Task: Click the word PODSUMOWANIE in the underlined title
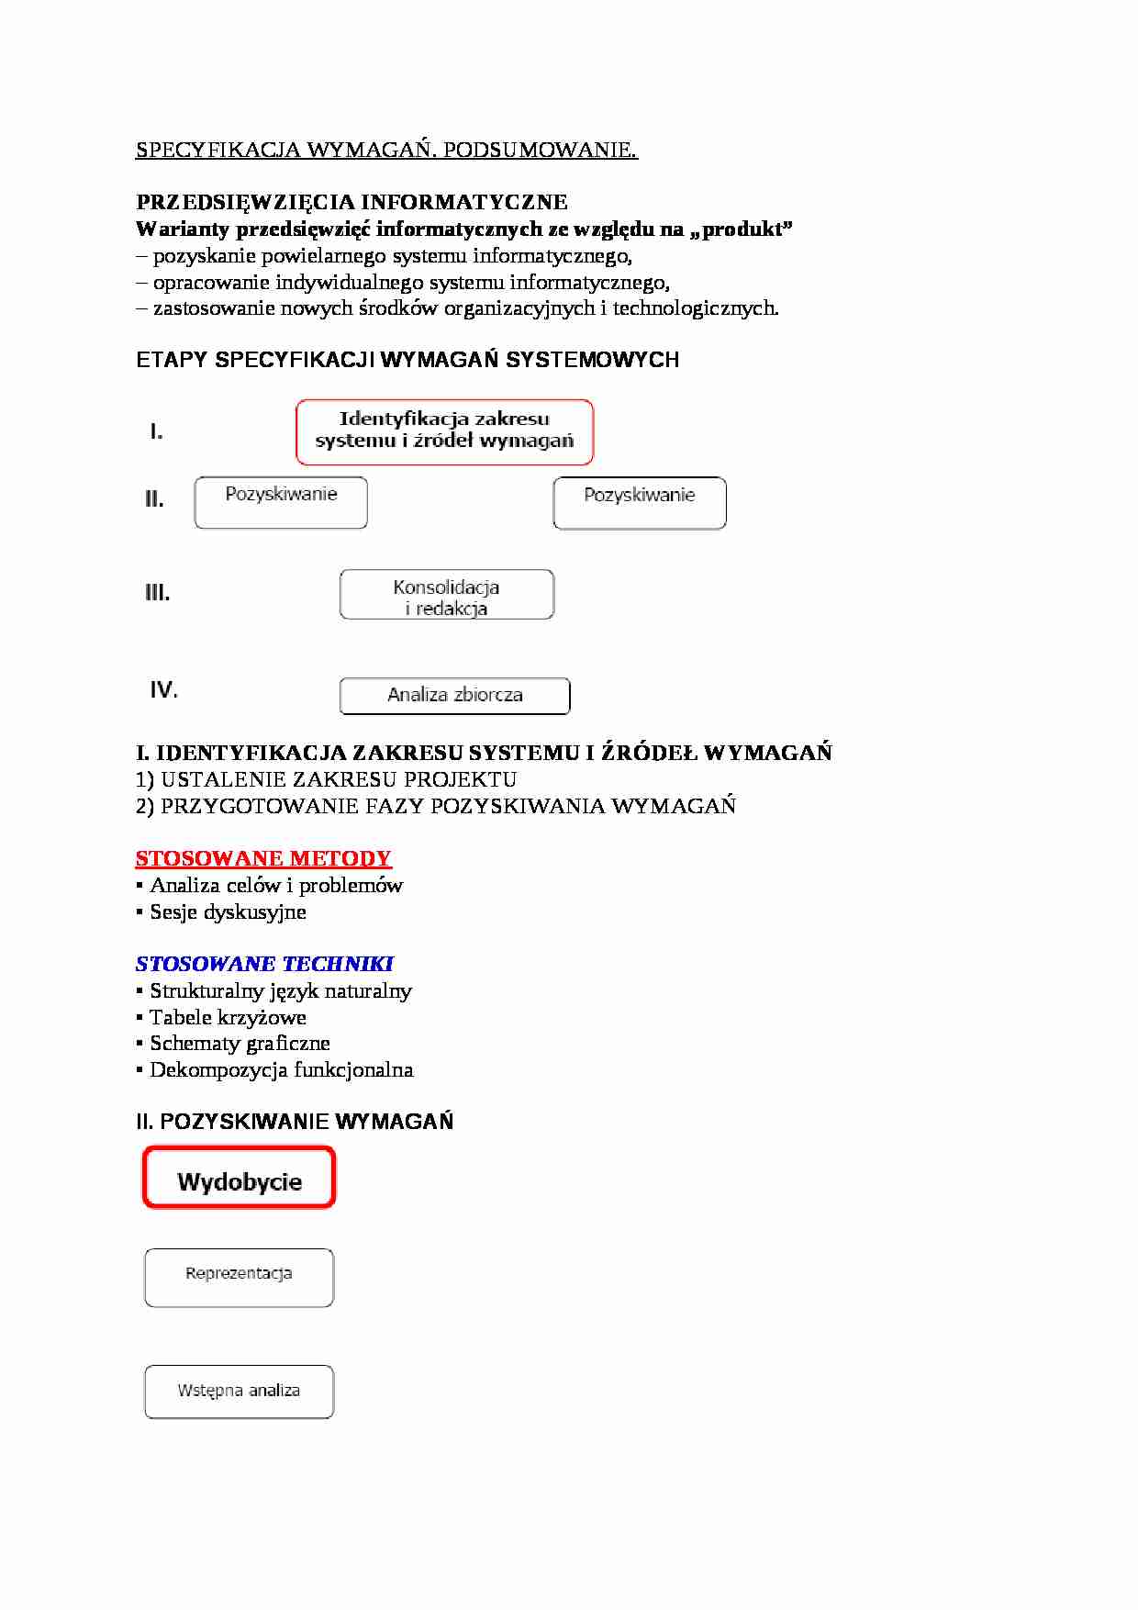[540, 151]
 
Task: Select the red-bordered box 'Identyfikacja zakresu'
[444, 431]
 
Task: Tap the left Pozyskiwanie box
[281, 502]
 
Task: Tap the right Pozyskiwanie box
[640, 503]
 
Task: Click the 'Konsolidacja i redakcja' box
[446, 595]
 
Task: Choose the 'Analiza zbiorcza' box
[454, 696]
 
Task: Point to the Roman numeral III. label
[157, 593]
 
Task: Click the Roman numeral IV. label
[163, 689]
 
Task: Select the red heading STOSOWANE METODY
[263, 859]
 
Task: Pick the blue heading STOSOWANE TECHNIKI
[264, 964]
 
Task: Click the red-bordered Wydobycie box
[239, 1179]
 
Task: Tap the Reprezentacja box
[239, 1277]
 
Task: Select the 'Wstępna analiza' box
[239, 1392]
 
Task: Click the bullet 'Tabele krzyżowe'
[228, 1017]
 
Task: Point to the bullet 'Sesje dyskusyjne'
[228, 912]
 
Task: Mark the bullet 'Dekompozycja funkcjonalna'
[281, 1070]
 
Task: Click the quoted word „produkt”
[742, 229]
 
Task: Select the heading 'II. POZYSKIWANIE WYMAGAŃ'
[295, 1122]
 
